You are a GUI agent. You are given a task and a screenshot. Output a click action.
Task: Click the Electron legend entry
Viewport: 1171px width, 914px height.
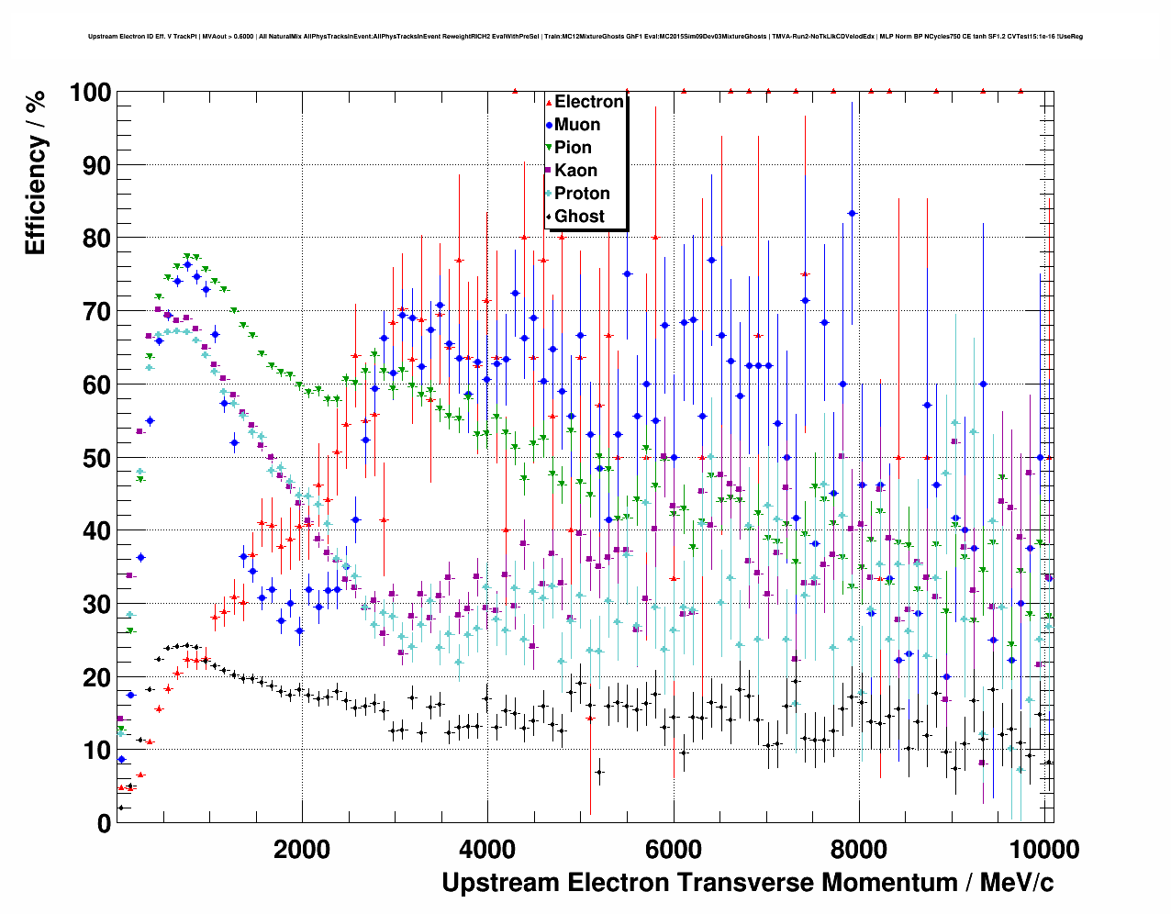[588, 102]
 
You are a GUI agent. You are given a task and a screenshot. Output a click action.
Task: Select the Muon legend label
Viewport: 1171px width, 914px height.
[577, 125]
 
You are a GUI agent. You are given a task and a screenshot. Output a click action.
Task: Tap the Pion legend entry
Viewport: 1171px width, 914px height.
[573, 148]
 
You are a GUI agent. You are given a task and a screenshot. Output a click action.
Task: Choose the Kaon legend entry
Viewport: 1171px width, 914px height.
[575, 171]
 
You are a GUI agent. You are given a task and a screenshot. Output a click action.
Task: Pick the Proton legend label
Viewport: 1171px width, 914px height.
[582, 194]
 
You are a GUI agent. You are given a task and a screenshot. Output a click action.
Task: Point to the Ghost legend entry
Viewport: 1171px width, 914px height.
[579, 217]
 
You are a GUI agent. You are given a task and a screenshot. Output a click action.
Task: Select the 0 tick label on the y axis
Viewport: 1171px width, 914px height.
[104, 823]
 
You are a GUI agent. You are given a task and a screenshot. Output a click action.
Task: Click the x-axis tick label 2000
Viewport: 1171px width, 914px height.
[302, 849]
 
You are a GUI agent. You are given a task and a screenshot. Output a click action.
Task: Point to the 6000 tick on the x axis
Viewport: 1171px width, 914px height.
[674, 849]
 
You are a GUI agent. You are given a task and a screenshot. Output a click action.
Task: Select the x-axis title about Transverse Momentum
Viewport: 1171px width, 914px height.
[747, 883]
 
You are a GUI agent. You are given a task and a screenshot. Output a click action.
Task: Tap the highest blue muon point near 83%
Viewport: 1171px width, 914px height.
[852, 213]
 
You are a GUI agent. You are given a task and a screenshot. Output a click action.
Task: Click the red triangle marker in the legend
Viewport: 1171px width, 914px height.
[549, 103]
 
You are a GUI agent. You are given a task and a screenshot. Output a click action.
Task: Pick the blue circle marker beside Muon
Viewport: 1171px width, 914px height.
[549, 125]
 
